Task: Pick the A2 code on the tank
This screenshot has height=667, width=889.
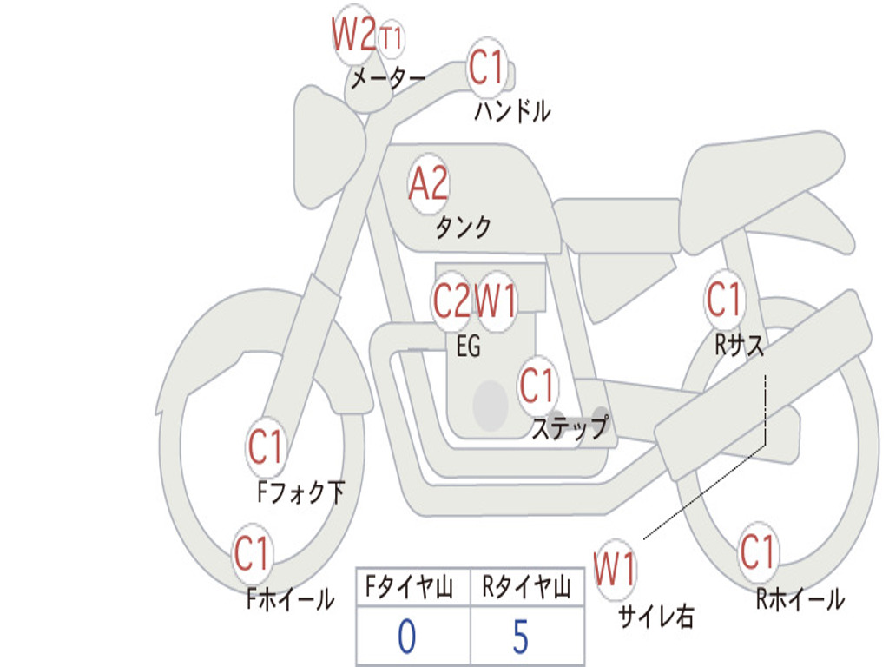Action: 429,183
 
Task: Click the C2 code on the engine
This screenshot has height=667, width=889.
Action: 451,301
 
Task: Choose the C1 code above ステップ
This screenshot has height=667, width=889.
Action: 537,385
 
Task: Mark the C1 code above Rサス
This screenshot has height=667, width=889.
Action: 724,300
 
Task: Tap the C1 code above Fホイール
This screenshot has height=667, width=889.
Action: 253,553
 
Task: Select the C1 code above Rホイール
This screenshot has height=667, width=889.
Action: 758,551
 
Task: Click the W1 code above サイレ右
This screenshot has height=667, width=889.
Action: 615,571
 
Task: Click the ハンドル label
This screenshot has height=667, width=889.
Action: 512,111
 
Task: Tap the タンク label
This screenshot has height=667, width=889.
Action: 463,228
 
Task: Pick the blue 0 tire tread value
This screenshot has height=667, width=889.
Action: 406,637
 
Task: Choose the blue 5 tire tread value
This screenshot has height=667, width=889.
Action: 521,637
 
